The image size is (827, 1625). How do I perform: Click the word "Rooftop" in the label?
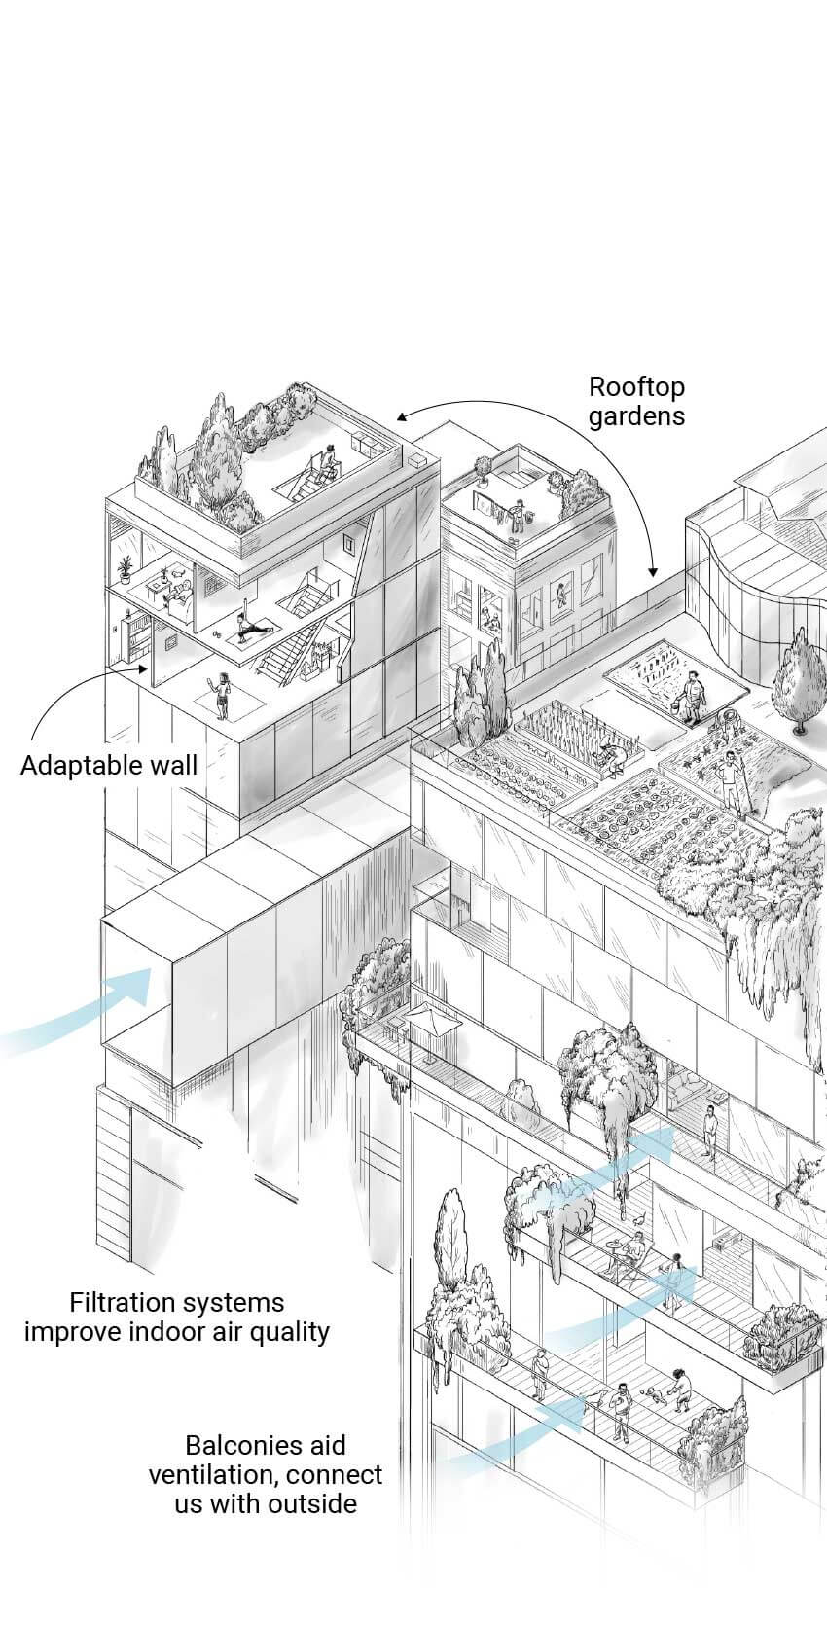tap(636, 387)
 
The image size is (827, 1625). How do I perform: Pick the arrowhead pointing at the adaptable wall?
tap(145, 668)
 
